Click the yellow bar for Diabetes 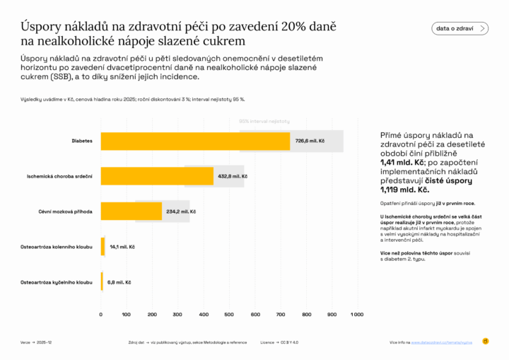pos(195,141)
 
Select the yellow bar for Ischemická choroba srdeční pos(157,176)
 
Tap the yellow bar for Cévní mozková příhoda pos(131,211)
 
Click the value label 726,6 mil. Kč pos(310,141)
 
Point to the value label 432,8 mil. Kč pos(233,176)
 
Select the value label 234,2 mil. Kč pos(182,211)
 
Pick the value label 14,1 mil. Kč pos(122,247)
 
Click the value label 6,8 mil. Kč pos(119,282)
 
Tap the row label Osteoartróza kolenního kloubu pos(58,247)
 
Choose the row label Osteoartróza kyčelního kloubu pos(58,282)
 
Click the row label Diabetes pos(82,141)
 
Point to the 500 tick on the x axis pos(229,314)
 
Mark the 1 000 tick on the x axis pos(356,314)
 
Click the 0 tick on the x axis pos(101,314)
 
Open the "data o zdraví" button pos(460,28)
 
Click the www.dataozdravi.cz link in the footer pos(442,342)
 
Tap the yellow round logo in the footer pos(486,342)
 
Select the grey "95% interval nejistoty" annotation pos(264,121)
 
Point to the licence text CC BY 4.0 pos(288,342)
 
